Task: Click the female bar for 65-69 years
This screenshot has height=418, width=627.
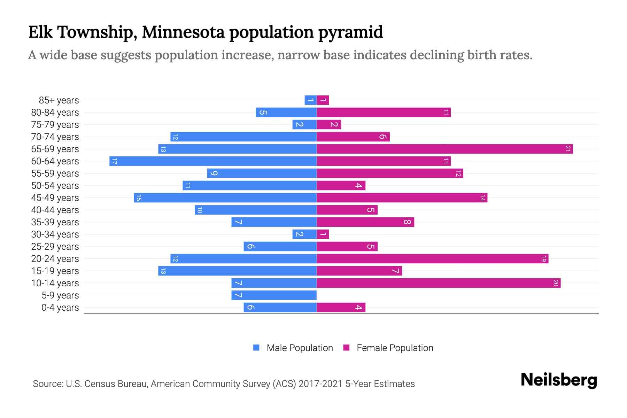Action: [444, 149]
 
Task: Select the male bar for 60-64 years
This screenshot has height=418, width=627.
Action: [213, 161]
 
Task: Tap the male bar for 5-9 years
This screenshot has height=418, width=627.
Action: [274, 295]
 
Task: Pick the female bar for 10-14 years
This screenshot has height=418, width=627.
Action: [438, 283]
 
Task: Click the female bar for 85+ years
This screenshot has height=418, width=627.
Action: [323, 100]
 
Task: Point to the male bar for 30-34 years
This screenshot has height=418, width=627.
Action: [304, 234]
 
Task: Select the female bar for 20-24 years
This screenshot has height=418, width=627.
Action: [432, 259]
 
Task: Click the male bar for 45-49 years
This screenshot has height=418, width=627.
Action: [225, 198]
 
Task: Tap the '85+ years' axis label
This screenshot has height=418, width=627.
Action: [59, 100]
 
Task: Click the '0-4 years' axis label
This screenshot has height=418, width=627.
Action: [60, 308]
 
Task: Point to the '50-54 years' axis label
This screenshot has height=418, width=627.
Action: [55, 186]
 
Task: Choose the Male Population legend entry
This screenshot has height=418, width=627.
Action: [293, 348]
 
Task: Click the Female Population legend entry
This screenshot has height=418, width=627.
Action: [388, 348]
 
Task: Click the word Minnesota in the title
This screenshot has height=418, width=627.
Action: [183, 32]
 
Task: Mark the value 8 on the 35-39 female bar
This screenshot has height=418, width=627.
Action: [407, 222]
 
